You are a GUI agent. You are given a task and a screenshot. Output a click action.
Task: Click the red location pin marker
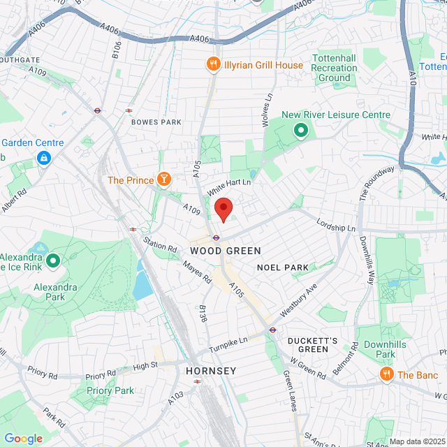pos(223,209)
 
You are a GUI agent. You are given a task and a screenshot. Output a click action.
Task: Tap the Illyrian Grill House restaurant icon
pos(213,65)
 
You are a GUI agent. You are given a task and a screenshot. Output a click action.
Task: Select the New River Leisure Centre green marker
pos(301,130)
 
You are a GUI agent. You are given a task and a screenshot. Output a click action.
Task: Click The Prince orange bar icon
pos(164,180)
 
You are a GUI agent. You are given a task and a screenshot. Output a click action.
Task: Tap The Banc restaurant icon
pos(386,375)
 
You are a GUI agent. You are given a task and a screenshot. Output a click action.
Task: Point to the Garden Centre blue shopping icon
pos(44,159)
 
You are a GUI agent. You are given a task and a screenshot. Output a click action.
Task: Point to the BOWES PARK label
pos(156,122)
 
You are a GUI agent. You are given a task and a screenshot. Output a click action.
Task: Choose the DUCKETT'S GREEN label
pos(313,345)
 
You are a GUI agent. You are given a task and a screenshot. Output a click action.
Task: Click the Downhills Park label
pos(380,350)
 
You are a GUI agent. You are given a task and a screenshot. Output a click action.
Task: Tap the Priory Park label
pos(110,390)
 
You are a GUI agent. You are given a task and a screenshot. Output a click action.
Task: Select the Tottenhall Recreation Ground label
pos(334,68)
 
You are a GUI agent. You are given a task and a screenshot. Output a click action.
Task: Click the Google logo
pos(23,439)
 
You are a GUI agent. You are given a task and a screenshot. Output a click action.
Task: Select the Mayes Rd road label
pos(197,271)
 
